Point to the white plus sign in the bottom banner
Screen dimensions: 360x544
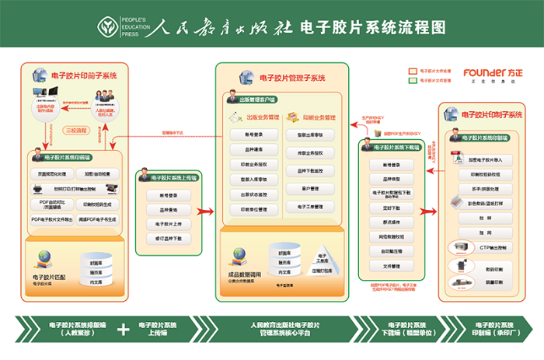click(123, 329)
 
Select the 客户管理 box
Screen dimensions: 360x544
click(309, 188)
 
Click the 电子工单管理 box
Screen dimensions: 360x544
click(309, 207)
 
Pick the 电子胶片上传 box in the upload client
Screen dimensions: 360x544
click(168, 223)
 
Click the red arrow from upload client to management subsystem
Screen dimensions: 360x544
click(205, 211)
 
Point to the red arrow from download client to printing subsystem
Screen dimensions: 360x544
click(434, 203)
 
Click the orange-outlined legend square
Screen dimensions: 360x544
click(413, 70)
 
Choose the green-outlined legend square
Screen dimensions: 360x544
click(413, 79)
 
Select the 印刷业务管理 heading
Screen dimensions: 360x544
click(314, 117)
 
